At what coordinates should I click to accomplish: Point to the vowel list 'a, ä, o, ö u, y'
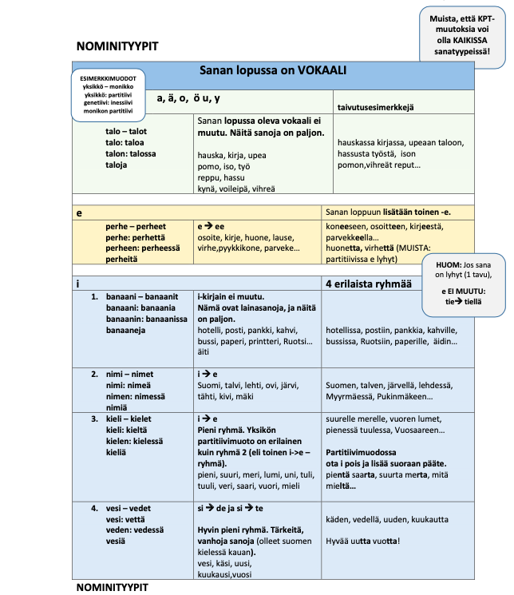(188, 98)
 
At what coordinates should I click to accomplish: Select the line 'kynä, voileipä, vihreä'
(235, 189)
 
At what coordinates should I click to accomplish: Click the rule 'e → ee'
(212, 227)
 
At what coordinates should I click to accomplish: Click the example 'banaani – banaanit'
(147, 296)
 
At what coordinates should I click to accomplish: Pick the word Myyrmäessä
(351, 397)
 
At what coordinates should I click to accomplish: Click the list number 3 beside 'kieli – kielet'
(94, 418)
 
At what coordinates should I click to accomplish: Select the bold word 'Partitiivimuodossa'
(363, 452)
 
